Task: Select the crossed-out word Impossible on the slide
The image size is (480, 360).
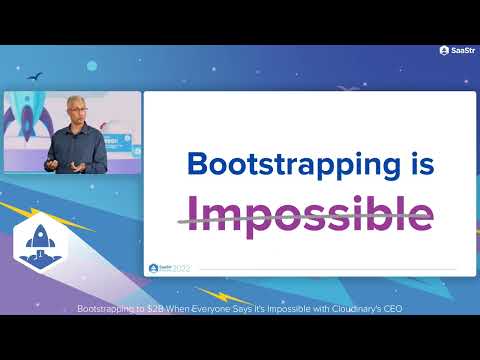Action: [x=312, y=212]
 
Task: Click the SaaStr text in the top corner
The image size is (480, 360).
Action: [x=463, y=50]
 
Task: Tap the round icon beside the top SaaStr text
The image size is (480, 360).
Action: [x=443, y=50]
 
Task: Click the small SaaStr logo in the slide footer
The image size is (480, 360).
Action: [x=154, y=268]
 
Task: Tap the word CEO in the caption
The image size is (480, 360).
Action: [x=394, y=309]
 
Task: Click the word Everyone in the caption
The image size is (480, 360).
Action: [x=213, y=309]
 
